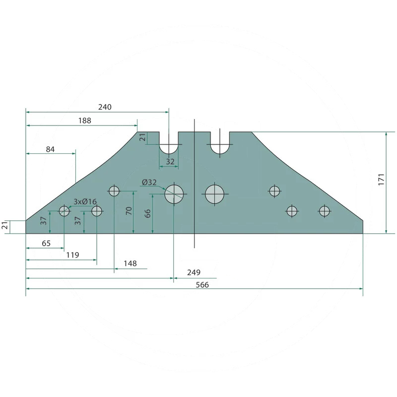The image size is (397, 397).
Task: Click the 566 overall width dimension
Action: (x=202, y=285)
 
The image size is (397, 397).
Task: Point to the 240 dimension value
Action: (x=105, y=107)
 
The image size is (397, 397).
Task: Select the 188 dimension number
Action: (x=84, y=121)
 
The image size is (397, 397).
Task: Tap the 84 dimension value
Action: (x=50, y=149)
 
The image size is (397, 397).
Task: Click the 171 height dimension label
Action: (x=381, y=180)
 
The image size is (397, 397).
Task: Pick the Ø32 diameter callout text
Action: (x=149, y=182)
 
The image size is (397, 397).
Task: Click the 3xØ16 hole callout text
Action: (x=85, y=201)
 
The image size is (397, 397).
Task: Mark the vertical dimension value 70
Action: (x=129, y=210)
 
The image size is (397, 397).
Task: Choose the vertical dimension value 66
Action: (x=147, y=213)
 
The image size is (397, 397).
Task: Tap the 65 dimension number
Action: (x=46, y=243)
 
